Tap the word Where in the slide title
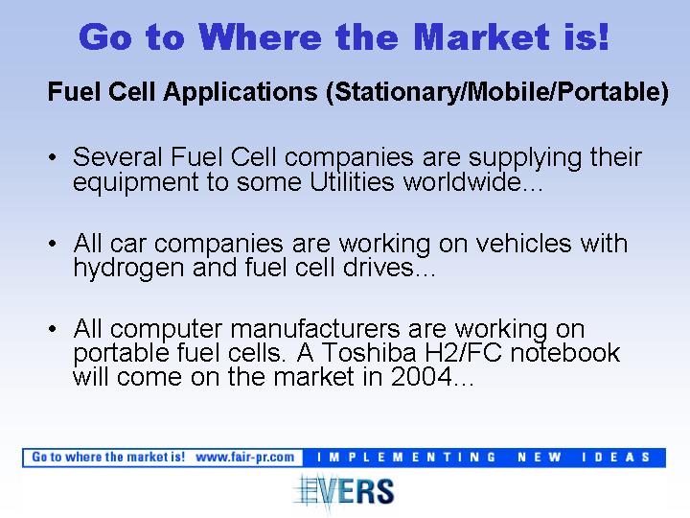pyautogui.click(x=260, y=36)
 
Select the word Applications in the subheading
pyautogui.click(x=241, y=92)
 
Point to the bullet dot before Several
pyautogui.click(x=53, y=157)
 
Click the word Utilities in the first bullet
pyautogui.click(x=352, y=181)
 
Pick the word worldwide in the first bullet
pyautogui.click(x=473, y=181)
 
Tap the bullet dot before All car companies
pyautogui.click(x=53, y=243)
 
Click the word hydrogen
pyautogui.click(x=128, y=269)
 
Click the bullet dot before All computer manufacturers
pyautogui.click(x=53, y=329)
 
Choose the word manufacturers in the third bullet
pyautogui.click(x=315, y=329)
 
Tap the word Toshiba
pyautogui.click(x=369, y=352)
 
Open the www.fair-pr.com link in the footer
pyautogui.click(x=245, y=458)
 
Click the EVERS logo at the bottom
pyautogui.click(x=344, y=491)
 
